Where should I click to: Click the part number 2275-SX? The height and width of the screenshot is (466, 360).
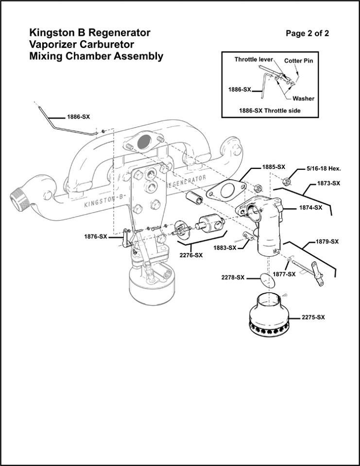point(313,317)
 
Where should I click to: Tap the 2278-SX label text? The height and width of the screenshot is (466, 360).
point(232,278)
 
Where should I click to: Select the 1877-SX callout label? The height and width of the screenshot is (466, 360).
point(284,274)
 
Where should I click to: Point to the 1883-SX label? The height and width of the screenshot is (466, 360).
point(224,248)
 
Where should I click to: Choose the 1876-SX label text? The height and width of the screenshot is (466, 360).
point(96,236)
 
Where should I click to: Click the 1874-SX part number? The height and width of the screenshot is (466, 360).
point(310,207)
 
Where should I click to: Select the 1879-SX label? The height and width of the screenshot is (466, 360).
point(327,241)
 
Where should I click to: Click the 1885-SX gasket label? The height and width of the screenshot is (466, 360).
point(274,166)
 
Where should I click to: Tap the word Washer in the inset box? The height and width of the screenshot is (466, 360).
point(303,99)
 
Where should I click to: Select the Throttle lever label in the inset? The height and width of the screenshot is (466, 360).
point(253,60)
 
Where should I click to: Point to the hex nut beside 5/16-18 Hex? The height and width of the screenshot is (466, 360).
point(287,181)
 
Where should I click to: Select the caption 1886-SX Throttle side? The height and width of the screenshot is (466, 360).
point(270,111)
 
